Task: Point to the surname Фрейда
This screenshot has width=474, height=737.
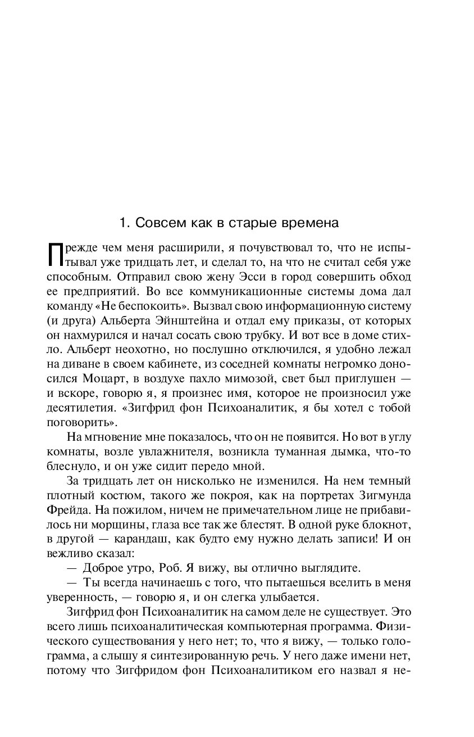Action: point(67,509)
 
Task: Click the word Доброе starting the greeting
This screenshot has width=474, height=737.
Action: point(104,567)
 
